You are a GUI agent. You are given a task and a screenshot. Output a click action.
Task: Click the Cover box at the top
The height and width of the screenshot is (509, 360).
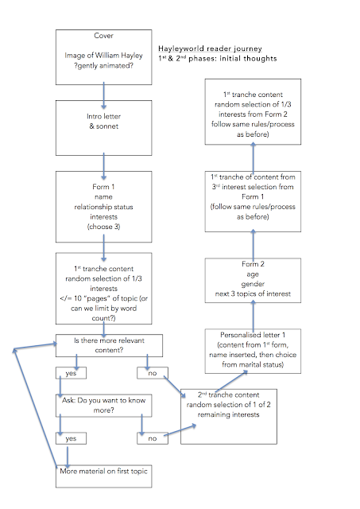coord(104,57)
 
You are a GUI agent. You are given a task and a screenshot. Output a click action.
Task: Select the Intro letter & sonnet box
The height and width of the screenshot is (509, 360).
coord(104,128)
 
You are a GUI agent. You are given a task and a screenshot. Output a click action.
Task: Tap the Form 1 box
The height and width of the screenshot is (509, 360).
coord(104,207)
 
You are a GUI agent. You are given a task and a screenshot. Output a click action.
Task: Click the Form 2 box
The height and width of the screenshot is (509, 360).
coord(253,281)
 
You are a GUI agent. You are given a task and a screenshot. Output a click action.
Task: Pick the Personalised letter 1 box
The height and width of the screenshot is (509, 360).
coord(253,352)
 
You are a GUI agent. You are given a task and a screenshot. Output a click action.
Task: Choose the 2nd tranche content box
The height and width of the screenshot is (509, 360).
coord(229,417)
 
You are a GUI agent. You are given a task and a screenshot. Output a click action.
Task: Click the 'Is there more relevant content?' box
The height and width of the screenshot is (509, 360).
coord(110,345)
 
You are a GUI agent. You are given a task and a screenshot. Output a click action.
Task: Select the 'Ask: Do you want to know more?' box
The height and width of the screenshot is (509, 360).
coord(104,406)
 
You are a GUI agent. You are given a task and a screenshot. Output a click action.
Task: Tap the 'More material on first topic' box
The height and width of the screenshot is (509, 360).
coord(104,476)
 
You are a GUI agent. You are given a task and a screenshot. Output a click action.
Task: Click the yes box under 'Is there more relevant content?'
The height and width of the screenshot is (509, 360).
coord(71,373)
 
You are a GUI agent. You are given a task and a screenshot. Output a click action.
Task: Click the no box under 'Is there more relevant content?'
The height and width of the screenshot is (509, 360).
coord(153,373)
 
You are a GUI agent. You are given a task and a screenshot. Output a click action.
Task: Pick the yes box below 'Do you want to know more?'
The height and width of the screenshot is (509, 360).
coord(71,438)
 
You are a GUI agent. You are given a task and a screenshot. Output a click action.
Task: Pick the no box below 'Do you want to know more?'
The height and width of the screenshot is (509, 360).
coord(153,438)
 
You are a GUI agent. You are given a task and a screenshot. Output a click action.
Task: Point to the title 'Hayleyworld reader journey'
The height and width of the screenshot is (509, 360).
coord(210,49)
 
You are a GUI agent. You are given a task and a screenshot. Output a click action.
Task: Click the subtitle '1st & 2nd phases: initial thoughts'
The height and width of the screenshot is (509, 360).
coord(218,58)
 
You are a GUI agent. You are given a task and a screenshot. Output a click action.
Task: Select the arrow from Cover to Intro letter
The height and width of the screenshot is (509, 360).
coord(104,95)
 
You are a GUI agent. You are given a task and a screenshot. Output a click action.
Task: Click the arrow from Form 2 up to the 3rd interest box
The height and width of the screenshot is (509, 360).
coord(253,244)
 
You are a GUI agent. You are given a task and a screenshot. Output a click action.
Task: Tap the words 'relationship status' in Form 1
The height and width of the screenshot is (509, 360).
coord(104,207)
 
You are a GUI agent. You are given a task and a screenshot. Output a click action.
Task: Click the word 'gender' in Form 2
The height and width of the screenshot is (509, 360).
coord(253,284)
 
